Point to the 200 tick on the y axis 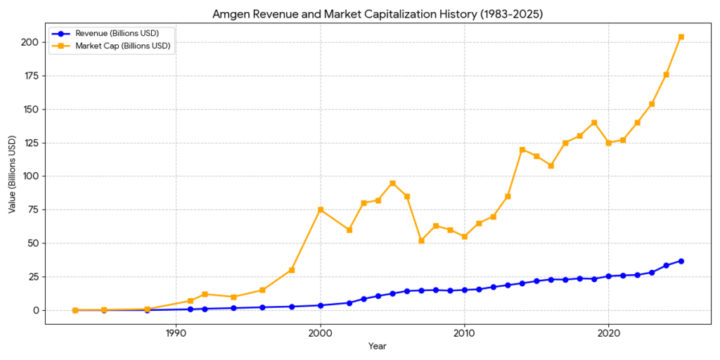click(30, 42)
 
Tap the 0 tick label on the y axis click(36, 310)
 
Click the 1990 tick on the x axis click(176, 333)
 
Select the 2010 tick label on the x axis click(464, 333)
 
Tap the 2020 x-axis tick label click(608, 333)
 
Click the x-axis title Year click(377, 346)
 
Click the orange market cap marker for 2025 click(681, 37)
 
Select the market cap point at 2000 click(321, 210)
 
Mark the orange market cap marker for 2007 click(421, 240)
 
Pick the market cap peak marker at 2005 click(392, 183)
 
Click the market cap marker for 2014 click(522, 149)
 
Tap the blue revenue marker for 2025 click(681, 261)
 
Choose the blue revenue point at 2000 click(321, 305)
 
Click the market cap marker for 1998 click(292, 270)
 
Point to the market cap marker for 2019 click(594, 122)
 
